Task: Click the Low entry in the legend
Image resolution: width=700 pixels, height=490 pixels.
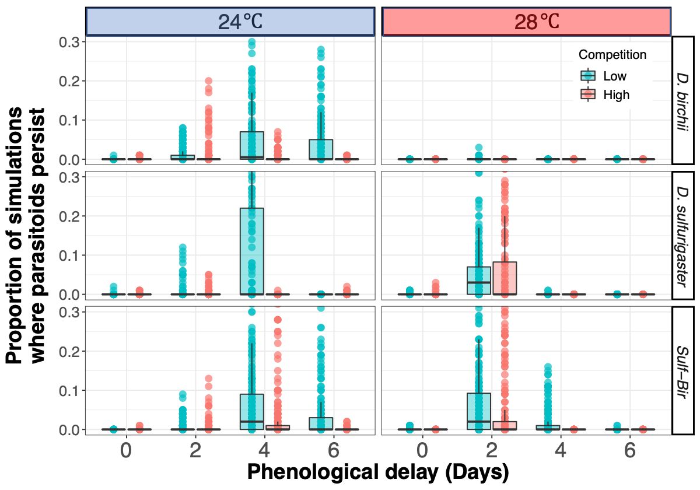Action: coord(614,76)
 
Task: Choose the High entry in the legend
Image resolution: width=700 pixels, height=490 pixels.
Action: coord(615,94)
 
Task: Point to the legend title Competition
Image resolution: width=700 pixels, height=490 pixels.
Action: coord(612,55)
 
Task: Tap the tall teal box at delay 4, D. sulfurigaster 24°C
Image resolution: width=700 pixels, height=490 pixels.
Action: coord(251,251)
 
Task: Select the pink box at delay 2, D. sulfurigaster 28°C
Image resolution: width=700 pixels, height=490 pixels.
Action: coord(505,278)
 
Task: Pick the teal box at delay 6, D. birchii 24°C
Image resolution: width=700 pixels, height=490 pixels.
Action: coord(320,149)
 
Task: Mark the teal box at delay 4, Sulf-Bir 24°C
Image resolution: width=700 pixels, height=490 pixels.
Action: coord(251,412)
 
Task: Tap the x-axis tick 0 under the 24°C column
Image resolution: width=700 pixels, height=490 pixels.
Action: coord(126,451)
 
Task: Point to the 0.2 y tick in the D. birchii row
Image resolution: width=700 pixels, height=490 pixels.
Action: coord(69,80)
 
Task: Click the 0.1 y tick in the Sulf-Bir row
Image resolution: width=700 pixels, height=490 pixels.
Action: coord(69,390)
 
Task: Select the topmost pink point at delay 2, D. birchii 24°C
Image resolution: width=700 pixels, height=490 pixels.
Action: coord(208,81)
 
